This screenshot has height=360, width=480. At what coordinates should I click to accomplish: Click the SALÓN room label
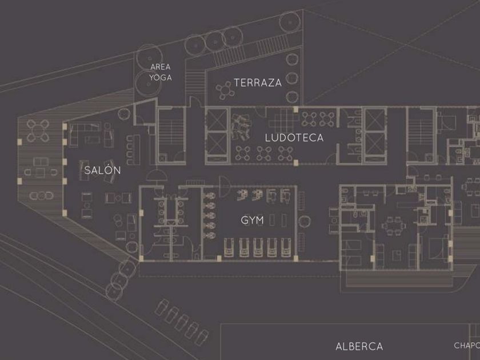(x=103, y=170)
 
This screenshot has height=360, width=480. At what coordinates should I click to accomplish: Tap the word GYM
(x=251, y=219)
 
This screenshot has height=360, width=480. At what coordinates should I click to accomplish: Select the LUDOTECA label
(x=294, y=138)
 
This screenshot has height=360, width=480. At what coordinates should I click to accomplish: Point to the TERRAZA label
(x=258, y=82)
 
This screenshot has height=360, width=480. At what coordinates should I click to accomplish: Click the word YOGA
(x=161, y=77)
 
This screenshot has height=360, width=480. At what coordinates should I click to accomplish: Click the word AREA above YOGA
(x=161, y=67)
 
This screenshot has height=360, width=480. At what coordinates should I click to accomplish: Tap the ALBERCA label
(x=359, y=346)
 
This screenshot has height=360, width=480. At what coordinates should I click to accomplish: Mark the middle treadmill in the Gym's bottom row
(x=258, y=247)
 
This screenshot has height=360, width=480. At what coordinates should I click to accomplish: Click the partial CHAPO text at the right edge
(x=466, y=345)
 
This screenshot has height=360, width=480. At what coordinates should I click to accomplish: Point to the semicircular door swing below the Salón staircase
(x=158, y=175)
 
